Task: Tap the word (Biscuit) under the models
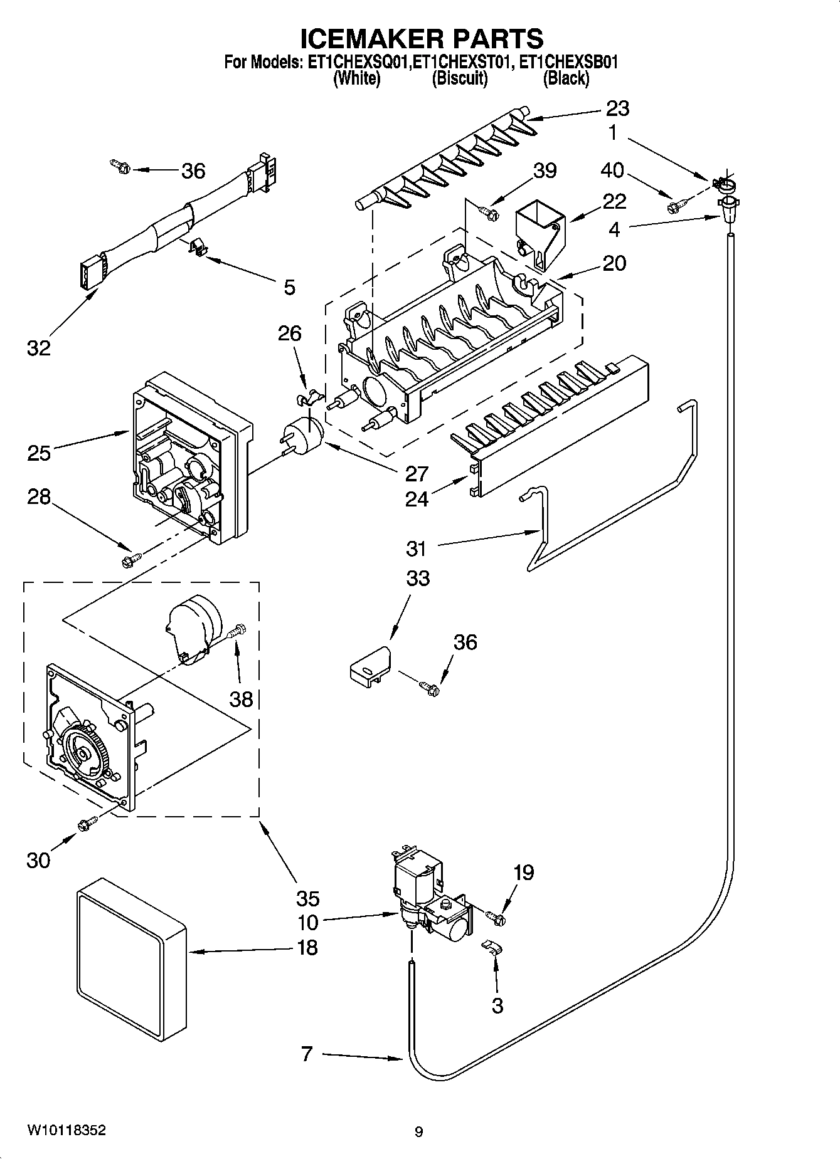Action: coord(459,78)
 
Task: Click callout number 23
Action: coord(617,108)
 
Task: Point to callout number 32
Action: coord(38,348)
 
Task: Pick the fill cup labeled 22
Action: coord(539,235)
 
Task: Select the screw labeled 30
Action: coord(86,825)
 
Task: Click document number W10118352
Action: coord(66,1130)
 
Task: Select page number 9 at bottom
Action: coord(418,1131)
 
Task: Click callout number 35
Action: coord(307,898)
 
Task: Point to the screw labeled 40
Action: coord(676,204)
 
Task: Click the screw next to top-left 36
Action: coord(119,167)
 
